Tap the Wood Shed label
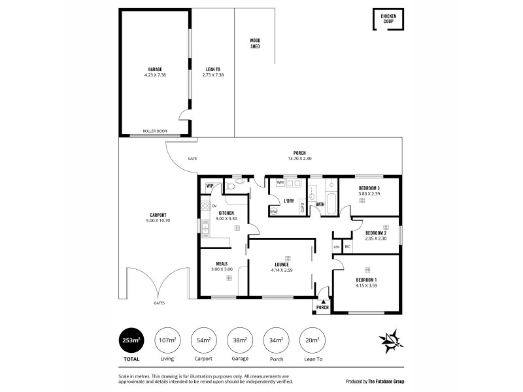click(255, 44)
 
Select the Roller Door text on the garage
click(155, 131)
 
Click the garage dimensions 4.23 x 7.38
click(155, 75)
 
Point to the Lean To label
click(212, 69)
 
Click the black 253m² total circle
click(133, 340)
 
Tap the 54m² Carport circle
click(203, 340)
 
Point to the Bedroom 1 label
click(366, 280)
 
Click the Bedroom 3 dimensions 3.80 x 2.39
click(369, 194)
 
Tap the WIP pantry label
click(210, 186)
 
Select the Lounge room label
click(282, 265)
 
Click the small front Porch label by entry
click(322, 307)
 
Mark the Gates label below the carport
click(159, 303)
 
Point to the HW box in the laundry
click(274, 211)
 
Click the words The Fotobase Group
click(399, 380)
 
